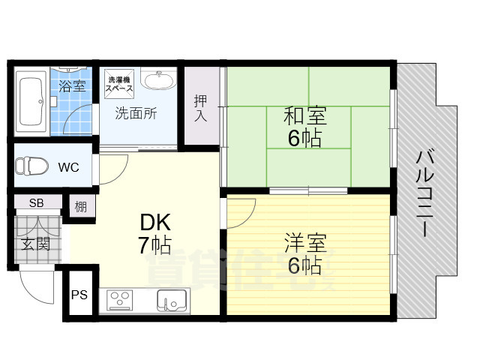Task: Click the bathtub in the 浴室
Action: (x=31, y=103)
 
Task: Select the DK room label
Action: (x=155, y=222)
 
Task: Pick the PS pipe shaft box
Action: (x=79, y=295)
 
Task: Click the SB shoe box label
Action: (x=36, y=203)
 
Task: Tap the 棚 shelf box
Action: (x=80, y=205)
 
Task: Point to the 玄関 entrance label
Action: (x=35, y=244)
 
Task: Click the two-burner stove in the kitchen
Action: (x=120, y=301)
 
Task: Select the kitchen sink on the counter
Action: (x=170, y=301)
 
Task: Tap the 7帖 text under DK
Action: (x=155, y=245)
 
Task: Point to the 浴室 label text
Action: (x=73, y=85)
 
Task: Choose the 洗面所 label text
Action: (x=135, y=114)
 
